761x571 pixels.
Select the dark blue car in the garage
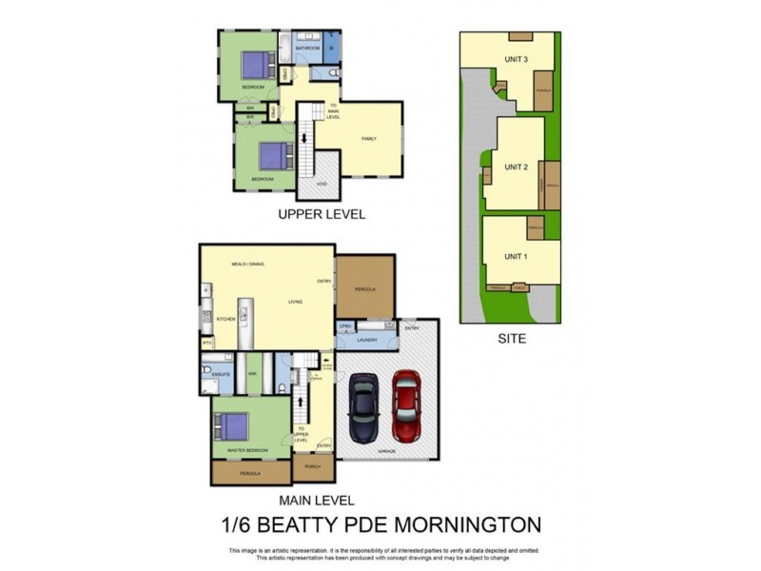point(363,409)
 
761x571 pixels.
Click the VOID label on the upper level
point(322,184)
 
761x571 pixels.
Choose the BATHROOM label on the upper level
point(306,48)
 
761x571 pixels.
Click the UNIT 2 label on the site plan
point(516,167)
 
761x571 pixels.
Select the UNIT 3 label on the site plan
point(517,59)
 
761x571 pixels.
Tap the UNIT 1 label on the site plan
point(515,257)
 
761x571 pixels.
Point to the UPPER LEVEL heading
point(322,214)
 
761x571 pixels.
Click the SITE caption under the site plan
point(510,338)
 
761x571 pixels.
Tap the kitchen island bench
point(244,324)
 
